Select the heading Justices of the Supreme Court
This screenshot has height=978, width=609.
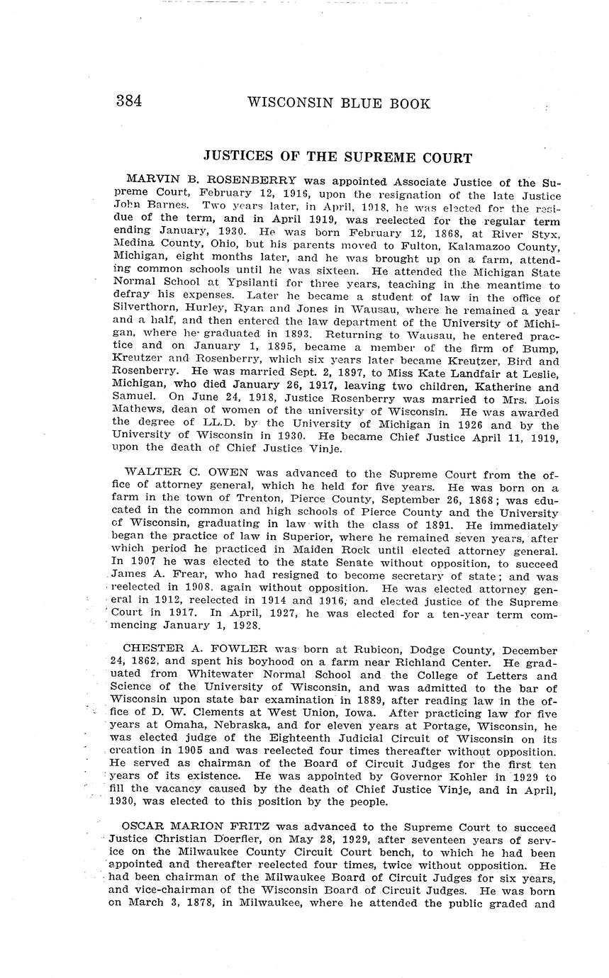[337, 157]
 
